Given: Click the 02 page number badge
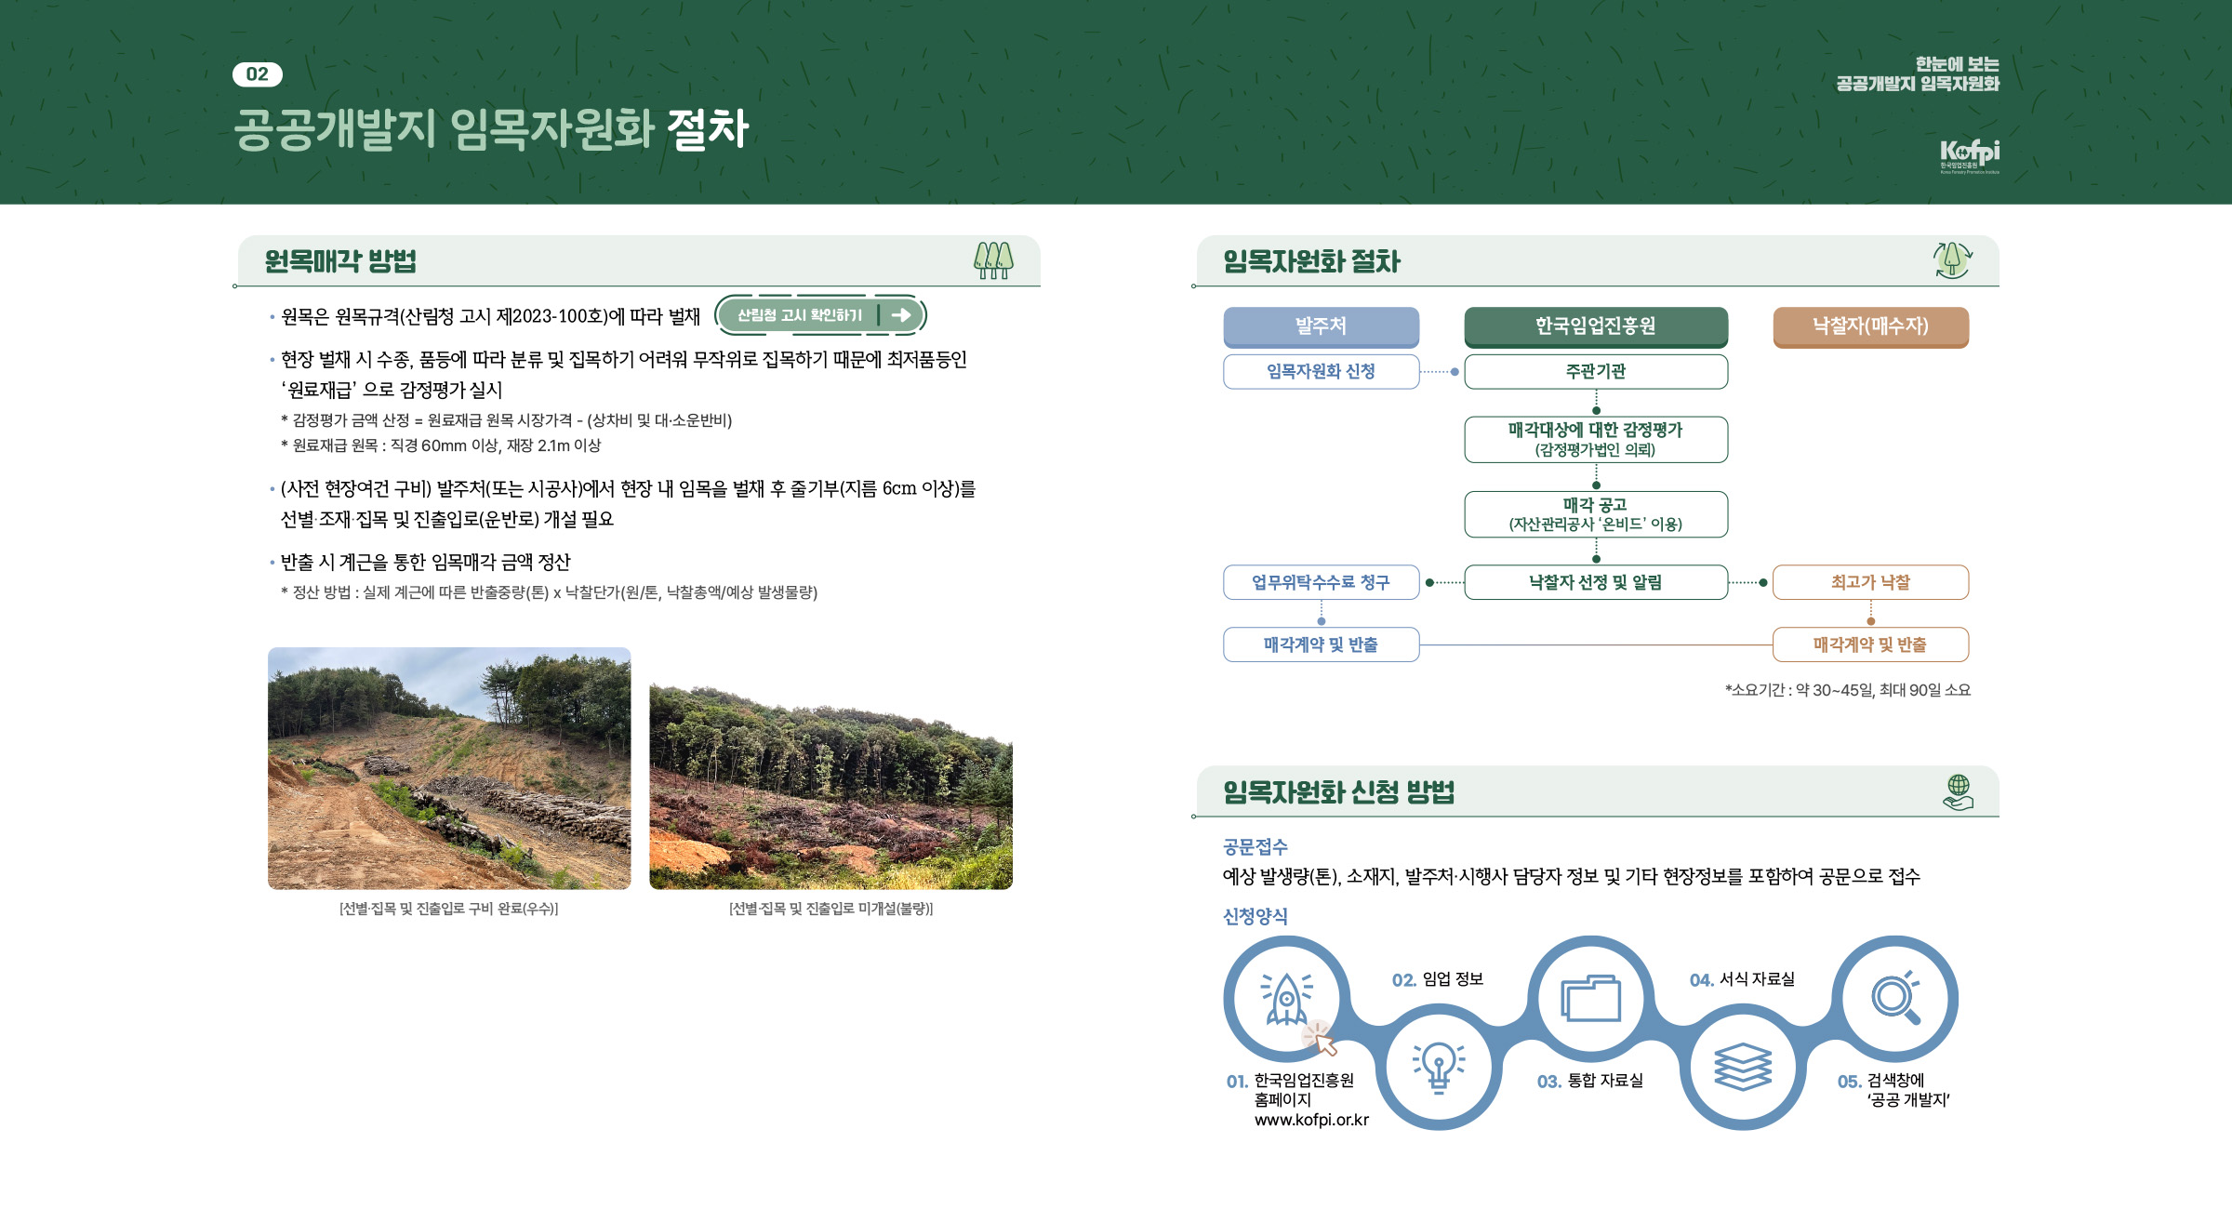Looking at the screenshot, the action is coord(258,74).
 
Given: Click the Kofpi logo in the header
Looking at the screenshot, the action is coord(1969,155).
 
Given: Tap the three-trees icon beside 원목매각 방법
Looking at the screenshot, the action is coord(993,260).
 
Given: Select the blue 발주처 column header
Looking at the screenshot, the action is coord(1321,326).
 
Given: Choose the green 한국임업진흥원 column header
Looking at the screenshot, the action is coord(1596,326).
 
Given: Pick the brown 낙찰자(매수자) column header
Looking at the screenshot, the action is coord(1870,326).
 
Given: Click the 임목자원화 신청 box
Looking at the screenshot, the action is coord(1321,371).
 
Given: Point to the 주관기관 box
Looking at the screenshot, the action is coord(1596,371).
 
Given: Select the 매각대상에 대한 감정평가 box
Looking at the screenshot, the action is coord(1596,439).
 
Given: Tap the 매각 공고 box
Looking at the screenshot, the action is coord(1596,514).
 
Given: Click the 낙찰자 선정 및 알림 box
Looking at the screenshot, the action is coord(1596,582).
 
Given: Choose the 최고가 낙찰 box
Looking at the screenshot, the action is coord(1870,582).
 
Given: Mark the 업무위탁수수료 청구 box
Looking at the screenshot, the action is coord(1321,582).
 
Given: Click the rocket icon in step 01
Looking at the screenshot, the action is coord(1287,998).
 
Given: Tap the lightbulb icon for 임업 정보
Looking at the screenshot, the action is coord(1439,1067).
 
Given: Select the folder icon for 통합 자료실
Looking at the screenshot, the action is coord(1590,998).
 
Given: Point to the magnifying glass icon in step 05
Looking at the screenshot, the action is coord(1895,997).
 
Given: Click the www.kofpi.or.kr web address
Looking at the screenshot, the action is coord(1311,1120).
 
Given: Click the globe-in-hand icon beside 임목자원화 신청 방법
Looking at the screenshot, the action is coord(1958,792).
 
